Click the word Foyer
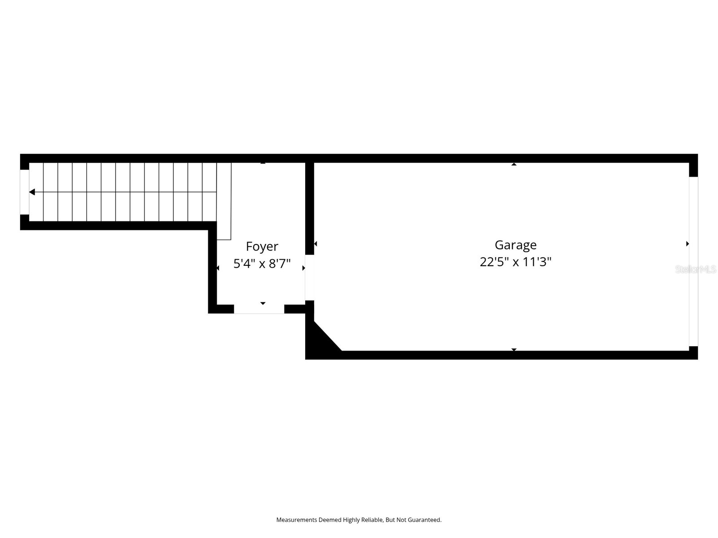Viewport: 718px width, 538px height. pyautogui.click(x=262, y=247)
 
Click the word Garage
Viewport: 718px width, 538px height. pyautogui.click(x=516, y=245)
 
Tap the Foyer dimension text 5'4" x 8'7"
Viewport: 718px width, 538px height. pyautogui.click(x=262, y=264)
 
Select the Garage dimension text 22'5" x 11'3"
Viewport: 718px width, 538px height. pyautogui.click(x=516, y=262)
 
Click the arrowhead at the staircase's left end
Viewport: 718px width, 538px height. pyautogui.click(x=32, y=192)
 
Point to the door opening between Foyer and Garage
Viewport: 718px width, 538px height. pyautogui.click(x=310, y=278)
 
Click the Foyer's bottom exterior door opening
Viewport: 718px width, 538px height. pyautogui.click(x=259, y=309)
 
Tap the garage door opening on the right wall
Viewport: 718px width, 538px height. pyautogui.click(x=693, y=261)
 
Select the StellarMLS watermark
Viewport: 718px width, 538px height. pyautogui.click(x=696, y=269)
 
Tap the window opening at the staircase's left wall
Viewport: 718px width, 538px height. pyautogui.click(x=25, y=192)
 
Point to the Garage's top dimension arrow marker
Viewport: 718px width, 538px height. pyautogui.click(x=514, y=164)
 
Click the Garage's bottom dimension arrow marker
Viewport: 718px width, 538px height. pyautogui.click(x=514, y=349)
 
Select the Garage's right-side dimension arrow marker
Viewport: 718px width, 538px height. pyautogui.click(x=687, y=244)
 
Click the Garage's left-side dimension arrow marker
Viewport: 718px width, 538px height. pyautogui.click(x=315, y=244)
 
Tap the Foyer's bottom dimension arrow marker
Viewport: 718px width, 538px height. pyautogui.click(x=263, y=304)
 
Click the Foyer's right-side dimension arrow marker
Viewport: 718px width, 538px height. pyautogui.click(x=304, y=268)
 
